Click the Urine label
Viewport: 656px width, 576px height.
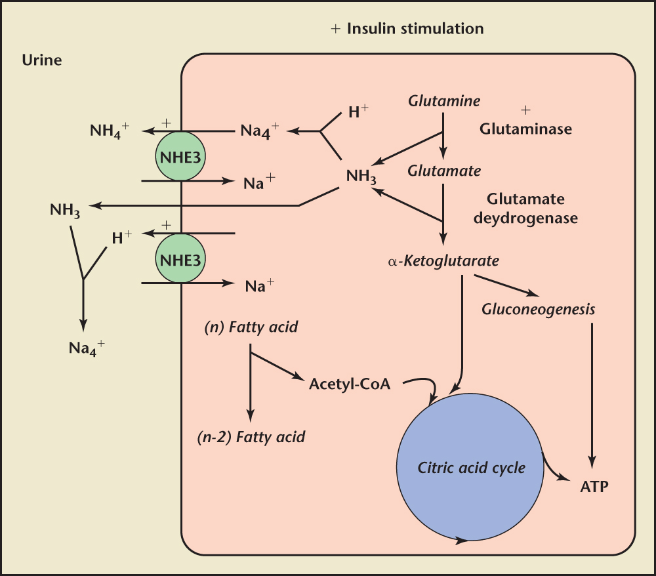coord(43,60)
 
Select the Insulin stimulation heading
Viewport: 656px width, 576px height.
coord(415,29)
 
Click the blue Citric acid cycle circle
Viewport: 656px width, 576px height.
coord(471,468)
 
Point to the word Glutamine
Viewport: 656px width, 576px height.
coord(444,101)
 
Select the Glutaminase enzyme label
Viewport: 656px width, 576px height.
coord(525,129)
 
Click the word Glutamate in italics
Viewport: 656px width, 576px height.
coord(444,171)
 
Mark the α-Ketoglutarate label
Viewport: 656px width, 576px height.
coord(443,261)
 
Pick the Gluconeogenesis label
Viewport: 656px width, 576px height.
coord(538,308)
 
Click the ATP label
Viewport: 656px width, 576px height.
coord(594,487)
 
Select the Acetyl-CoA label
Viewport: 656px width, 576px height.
coord(350,384)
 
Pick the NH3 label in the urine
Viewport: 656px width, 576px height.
coord(66,211)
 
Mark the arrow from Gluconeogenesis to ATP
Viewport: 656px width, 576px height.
coord(592,394)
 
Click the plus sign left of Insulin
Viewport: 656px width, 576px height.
coord(336,30)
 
